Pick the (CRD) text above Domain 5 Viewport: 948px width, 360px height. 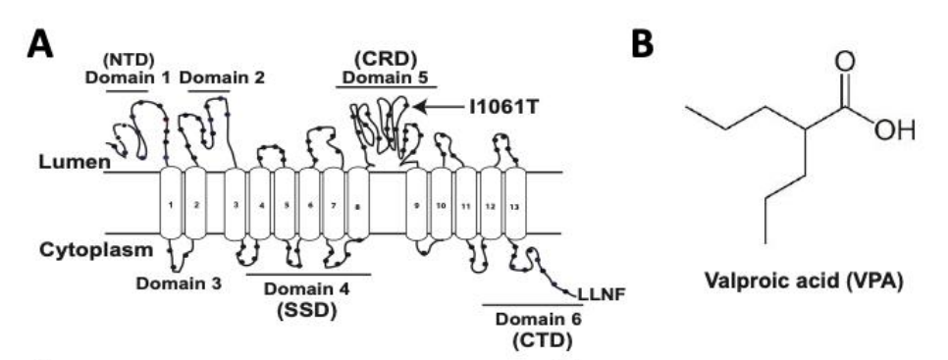click(x=386, y=57)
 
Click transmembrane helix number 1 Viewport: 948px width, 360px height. click(x=171, y=204)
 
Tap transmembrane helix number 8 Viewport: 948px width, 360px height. click(x=358, y=204)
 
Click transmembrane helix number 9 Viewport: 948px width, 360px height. click(x=417, y=204)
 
